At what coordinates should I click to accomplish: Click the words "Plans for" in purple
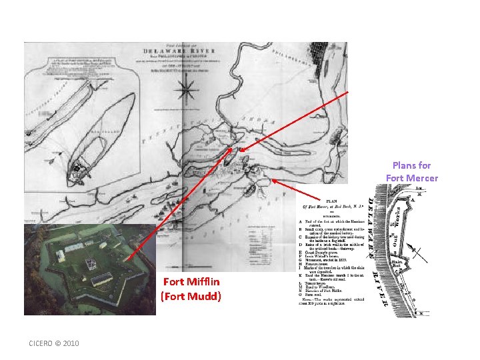tap(411, 165)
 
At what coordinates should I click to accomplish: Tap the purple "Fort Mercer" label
tap(411, 177)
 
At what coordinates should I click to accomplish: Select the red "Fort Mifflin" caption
tap(191, 282)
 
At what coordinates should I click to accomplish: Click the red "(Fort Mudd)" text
tap(191, 296)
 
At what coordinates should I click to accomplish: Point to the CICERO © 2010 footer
tap(54, 343)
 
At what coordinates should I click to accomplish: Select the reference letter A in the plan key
tap(301, 221)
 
